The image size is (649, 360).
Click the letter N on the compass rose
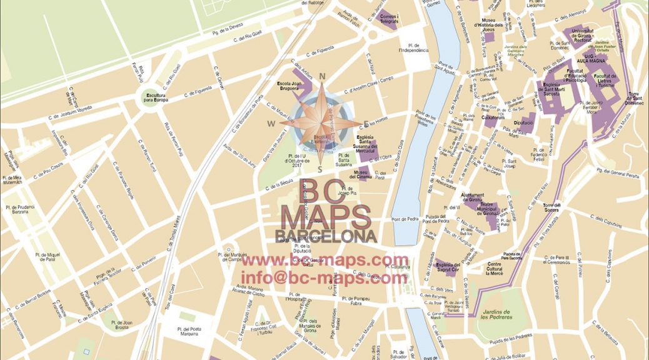323,77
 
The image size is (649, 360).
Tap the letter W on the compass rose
271,123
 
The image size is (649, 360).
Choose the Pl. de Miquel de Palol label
48,257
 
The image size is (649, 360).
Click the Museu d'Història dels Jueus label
494,25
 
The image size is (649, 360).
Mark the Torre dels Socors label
553,207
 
